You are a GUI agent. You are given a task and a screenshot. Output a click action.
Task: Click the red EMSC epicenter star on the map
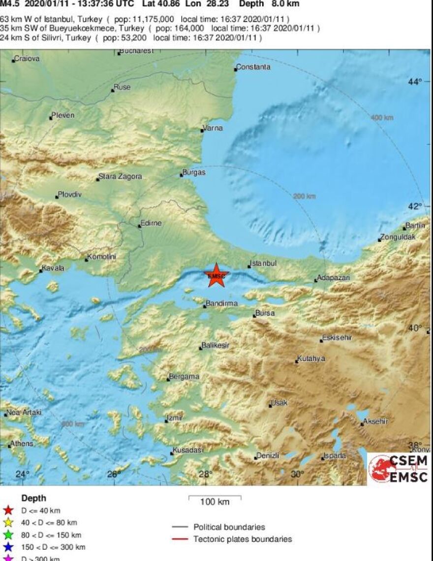pos(216,275)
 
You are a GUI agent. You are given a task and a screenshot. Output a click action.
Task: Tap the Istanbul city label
pos(263,264)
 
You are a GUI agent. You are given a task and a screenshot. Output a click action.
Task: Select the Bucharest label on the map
pos(137,51)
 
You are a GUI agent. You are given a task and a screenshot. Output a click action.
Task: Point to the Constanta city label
pos(253,67)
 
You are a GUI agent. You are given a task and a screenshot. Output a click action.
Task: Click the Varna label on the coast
pos(213,128)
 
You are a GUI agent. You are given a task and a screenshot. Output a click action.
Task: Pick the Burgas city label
pos(194,173)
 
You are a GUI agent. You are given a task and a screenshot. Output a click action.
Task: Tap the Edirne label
pos(151,223)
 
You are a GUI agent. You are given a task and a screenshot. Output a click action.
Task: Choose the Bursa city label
pos(265,313)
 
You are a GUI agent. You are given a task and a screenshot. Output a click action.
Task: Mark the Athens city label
pos(22,443)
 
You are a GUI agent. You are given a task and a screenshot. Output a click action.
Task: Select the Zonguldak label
pos(398,237)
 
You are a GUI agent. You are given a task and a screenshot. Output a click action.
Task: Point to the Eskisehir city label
pos(337,338)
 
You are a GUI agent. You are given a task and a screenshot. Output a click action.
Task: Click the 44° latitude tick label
pos(415,82)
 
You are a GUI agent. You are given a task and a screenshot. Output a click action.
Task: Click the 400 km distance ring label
pos(382,118)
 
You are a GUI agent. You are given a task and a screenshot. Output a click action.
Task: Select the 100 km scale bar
pos(215,497)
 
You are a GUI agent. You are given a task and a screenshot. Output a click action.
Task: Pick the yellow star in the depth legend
pos(8,523)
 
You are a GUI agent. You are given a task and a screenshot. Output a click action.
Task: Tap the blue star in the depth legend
pos(8,547)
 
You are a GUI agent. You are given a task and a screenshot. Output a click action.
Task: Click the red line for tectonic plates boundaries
pos(180,539)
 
